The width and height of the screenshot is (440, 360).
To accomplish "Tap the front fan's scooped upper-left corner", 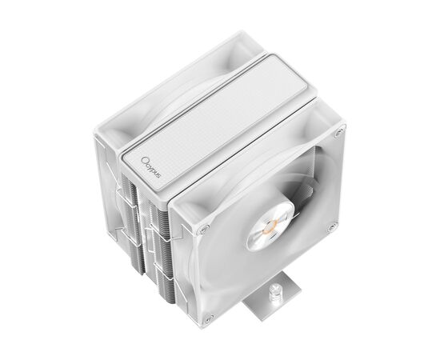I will click(x=186, y=197).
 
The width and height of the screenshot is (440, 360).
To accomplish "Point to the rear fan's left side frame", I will click(x=107, y=184).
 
